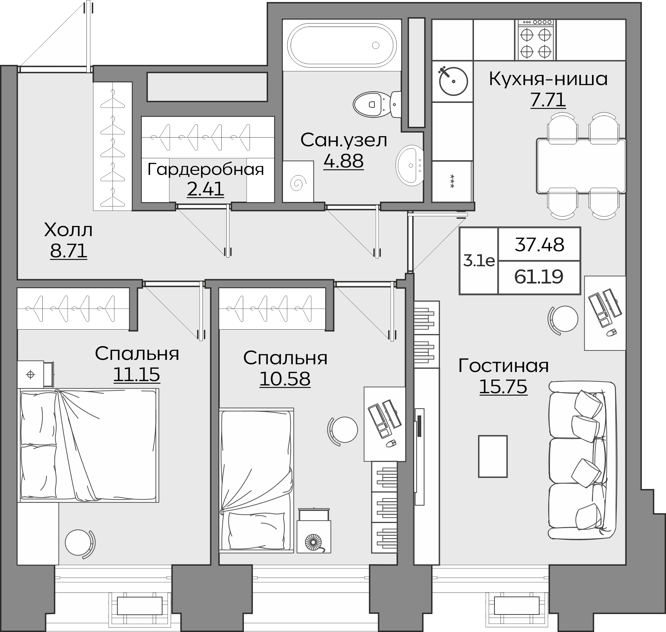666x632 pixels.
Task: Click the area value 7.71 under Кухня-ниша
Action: point(548,100)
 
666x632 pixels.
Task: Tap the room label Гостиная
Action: point(504,366)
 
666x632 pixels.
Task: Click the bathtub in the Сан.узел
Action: point(342,45)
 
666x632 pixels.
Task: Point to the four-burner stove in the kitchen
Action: point(535,40)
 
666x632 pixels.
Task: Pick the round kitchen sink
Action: point(453,81)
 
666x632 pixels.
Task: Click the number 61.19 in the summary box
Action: point(539,277)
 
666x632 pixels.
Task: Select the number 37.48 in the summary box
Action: point(539,245)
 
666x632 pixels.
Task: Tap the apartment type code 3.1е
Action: point(479,261)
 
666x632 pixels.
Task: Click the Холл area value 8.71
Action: point(69,251)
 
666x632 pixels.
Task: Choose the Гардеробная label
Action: point(206,169)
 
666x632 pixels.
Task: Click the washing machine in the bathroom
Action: point(298,182)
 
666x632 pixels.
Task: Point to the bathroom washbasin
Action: point(410,165)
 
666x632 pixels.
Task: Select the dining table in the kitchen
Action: point(581,166)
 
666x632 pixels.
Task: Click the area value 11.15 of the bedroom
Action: point(137,374)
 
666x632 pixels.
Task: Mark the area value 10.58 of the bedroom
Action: point(285,379)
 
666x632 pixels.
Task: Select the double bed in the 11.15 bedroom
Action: point(88,445)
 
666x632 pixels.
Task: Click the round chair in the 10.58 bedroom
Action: point(343,430)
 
